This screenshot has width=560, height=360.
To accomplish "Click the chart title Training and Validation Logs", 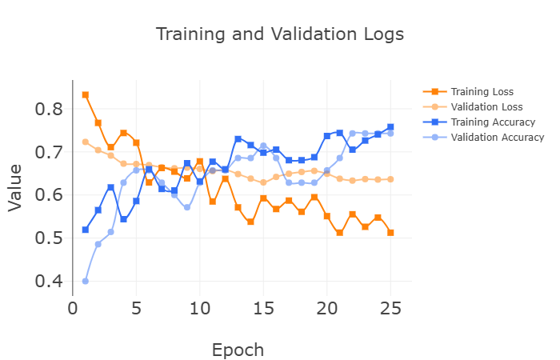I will (x=279, y=34).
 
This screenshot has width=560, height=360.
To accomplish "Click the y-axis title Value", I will (x=15, y=189).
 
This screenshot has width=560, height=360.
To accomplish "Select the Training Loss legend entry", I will (x=481, y=92).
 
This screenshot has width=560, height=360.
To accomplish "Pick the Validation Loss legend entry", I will (x=486, y=107).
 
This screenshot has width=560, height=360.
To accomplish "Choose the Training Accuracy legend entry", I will (x=492, y=122).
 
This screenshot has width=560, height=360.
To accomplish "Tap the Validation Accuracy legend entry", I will (x=497, y=138).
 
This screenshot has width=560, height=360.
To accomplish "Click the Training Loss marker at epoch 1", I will (x=86, y=94).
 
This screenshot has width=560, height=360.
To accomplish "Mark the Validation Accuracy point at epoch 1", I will (x=86, y=281).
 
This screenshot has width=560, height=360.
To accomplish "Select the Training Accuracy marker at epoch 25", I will (x=390, y=126).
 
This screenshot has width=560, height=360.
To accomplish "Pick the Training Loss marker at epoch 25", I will (x=390, y=233).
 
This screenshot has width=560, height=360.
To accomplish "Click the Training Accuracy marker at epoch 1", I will (x=86, y=230).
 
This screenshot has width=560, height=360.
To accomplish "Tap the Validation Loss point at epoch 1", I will (x=86, y=142).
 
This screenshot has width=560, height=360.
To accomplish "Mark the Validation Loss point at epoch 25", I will (x=390, y=179).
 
